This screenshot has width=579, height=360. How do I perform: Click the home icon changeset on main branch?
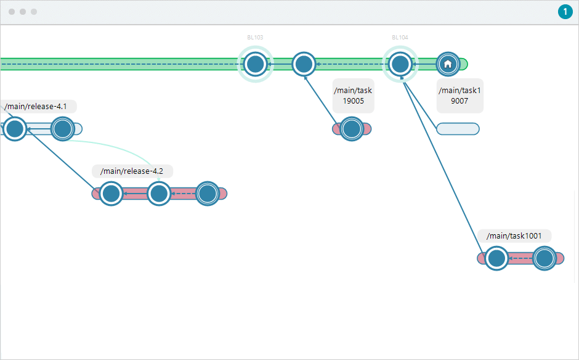coord(448,63)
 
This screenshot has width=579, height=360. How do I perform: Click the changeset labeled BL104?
coord(400,63)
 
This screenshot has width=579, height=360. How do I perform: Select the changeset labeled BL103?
coord(255,63)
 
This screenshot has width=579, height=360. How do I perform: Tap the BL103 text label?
coord(255,38)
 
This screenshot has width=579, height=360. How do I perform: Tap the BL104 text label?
coord(400,38)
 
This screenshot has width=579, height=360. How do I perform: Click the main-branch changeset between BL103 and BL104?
coord(303,63)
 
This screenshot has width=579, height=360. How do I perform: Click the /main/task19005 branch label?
coord(353,96)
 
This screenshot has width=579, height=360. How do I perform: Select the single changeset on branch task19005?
coord(351,129)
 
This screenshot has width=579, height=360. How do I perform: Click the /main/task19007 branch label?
coord(460,96)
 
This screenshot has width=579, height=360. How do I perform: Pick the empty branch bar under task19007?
coord(458,129)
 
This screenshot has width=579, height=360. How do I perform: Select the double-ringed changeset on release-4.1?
coord(62,129)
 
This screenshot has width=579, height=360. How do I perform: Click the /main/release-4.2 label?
coord(132,171)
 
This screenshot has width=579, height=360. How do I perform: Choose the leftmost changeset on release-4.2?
coord(111,194)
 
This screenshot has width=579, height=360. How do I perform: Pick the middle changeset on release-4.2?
coord(159,194)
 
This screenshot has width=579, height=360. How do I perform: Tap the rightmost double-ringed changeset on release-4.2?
coord(208,194)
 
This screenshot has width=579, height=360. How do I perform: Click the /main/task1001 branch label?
coord(514,235)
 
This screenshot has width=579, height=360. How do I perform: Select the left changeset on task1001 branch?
coord(496,258)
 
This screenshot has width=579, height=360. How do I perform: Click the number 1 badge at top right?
coord(564,12)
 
